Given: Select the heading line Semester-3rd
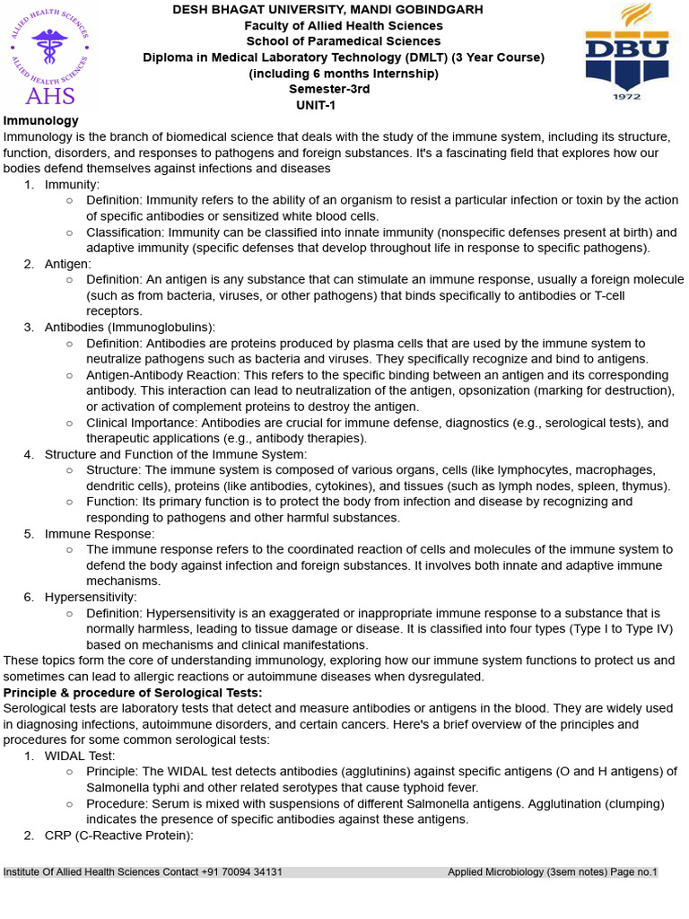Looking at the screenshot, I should click(329, 89).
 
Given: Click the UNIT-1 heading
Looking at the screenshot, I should click(317, 105).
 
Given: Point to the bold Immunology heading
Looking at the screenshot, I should click(41, 120).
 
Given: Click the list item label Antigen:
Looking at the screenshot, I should click(68, 264).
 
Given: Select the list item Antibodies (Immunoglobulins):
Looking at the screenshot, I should click(130, 328).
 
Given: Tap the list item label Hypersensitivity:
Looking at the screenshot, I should click(91, 597).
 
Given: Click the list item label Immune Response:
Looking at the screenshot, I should click(100, 534).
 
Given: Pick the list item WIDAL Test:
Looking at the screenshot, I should click(80, 756).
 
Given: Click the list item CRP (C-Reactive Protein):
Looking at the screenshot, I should click(119, 836).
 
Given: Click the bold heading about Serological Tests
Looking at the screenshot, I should click(133, 693).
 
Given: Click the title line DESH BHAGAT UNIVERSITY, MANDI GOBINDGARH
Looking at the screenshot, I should click(327, 10).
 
